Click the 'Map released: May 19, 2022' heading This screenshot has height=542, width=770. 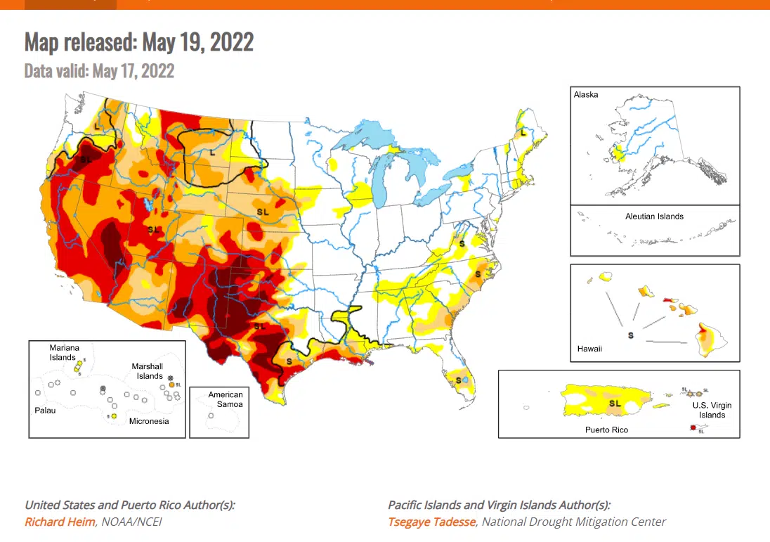click(138, 42)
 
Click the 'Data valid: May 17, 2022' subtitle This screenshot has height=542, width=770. click(99, 71)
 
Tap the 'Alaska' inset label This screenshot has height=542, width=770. click(586, 94)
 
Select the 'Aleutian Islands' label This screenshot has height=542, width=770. click(654, 217)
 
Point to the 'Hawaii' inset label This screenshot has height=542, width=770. click(589, 348)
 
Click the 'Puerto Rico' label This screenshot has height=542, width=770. click(606, 429)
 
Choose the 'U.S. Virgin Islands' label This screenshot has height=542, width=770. click(712, 410)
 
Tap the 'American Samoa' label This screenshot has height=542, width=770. click(226, 399)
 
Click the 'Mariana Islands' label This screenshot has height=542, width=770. click(64, 352)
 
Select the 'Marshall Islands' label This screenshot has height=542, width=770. click(148, 371)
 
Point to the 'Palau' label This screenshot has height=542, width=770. click(45, 410)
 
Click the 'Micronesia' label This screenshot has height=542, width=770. click(148, 421)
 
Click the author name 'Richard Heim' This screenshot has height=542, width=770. click(58, 522)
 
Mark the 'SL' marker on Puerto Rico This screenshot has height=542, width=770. click(615, 404)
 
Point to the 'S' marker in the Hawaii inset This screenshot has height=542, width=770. click(630, 335)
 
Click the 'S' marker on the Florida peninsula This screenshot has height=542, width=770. click(458, 380)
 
